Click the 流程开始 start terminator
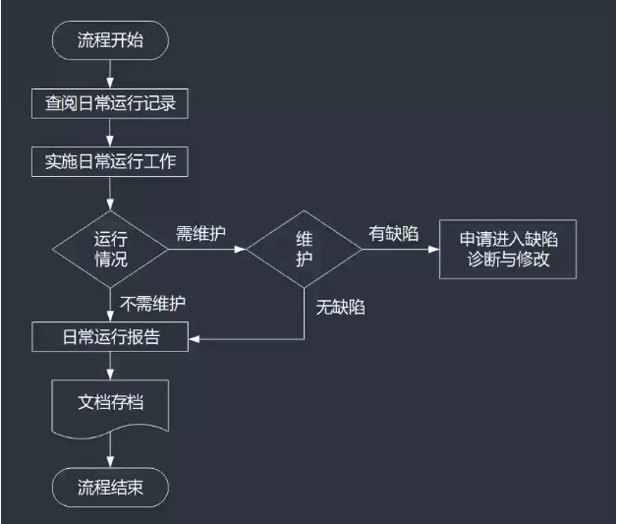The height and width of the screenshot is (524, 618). click(x=110, y=40)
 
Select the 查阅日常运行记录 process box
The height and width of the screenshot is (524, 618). click(x=110, y=101)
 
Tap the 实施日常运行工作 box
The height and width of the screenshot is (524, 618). click(x=110, y=161)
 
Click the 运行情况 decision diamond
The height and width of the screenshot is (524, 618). click(x=110, y=249)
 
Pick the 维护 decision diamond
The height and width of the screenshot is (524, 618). click(x=304, y=249)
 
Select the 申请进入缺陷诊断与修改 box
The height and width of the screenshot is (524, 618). click(x=505, y=249)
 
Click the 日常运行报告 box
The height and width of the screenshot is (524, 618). click(x=110, y=338)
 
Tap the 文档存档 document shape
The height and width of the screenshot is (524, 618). click(x=110, y=404)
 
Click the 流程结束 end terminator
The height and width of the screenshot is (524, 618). click(x=110, y=488)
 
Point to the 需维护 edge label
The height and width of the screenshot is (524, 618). click(x=200, y=233)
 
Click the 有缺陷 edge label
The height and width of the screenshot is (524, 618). click(x=393, y=233)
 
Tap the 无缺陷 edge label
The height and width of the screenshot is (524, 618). click(x=340, y=308)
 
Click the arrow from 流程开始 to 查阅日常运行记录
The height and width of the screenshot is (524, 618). click(x=110, y=73)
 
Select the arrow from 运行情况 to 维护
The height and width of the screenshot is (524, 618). click(x=206, y=250)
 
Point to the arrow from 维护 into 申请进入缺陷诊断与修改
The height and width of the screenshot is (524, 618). click(x=399, y=250)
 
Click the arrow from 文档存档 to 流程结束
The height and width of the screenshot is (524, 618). click(x=110, y=454)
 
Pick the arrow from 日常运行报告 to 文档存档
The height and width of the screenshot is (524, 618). click(x=110, y=365)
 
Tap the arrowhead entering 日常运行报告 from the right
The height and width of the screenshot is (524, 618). click(x=195, y=339)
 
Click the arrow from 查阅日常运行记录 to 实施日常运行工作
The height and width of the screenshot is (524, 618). click(x=110, y=132)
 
